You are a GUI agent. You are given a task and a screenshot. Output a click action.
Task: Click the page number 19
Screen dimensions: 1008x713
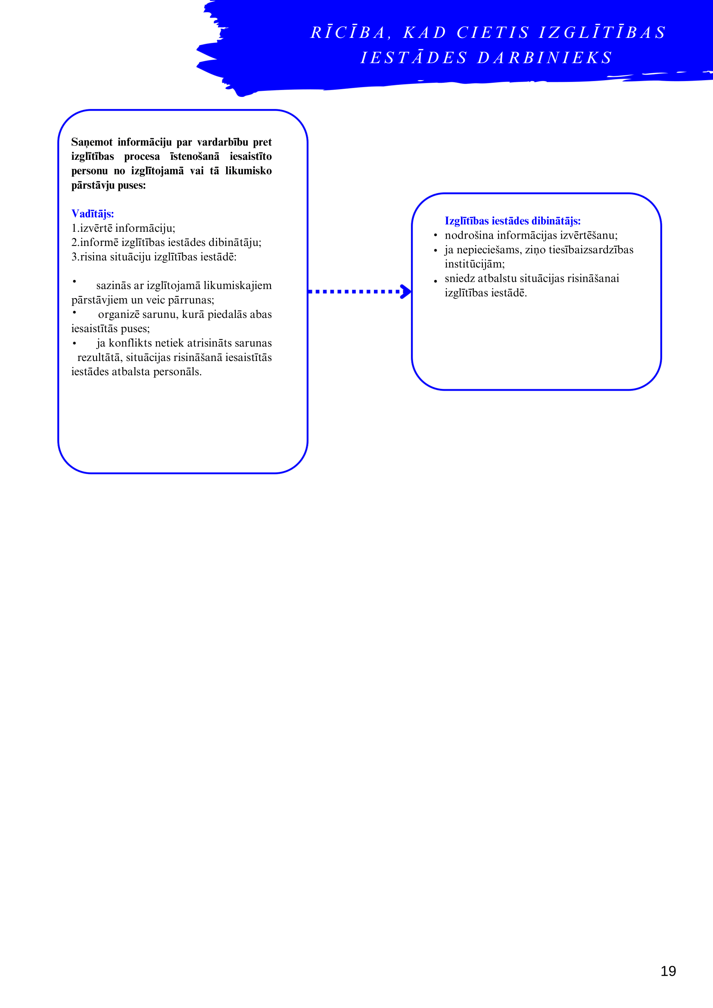(x=668, y=971)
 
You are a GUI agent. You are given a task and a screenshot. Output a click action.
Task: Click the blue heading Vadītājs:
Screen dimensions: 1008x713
(x=93, y=214)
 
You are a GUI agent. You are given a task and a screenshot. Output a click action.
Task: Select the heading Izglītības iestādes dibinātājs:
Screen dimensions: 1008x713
(x=512, y=221)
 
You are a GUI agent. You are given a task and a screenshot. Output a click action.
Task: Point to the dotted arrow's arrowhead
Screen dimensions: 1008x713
(x=406, y=292)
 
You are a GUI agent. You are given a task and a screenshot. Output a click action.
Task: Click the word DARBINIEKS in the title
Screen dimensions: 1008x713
(x=545, y=58)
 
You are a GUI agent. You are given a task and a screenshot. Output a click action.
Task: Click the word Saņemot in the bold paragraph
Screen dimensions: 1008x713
(x=92, y=142)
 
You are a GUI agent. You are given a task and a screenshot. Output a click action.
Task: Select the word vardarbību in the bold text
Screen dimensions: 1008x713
(x=223, y=142)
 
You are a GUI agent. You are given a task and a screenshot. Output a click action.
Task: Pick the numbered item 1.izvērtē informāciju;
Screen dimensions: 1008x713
(x=123, y=228)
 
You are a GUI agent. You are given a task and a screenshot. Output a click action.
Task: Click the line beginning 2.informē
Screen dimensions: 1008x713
(x=166, y=243)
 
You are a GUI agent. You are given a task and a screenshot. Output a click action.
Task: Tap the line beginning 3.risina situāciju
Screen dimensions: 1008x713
(x=154, y=257)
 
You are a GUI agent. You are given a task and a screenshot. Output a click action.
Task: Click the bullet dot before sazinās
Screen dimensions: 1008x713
(x=75, y=281)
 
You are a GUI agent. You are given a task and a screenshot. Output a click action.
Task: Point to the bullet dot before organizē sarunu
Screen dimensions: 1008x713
(x=75, y=313)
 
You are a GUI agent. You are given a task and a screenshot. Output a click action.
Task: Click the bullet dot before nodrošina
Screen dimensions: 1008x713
(x=436, y=235)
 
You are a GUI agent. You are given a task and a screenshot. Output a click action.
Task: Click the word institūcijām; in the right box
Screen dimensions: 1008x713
(x=475, y=264)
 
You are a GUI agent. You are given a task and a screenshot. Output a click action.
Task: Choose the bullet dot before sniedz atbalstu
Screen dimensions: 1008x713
(x=436, y=281)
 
